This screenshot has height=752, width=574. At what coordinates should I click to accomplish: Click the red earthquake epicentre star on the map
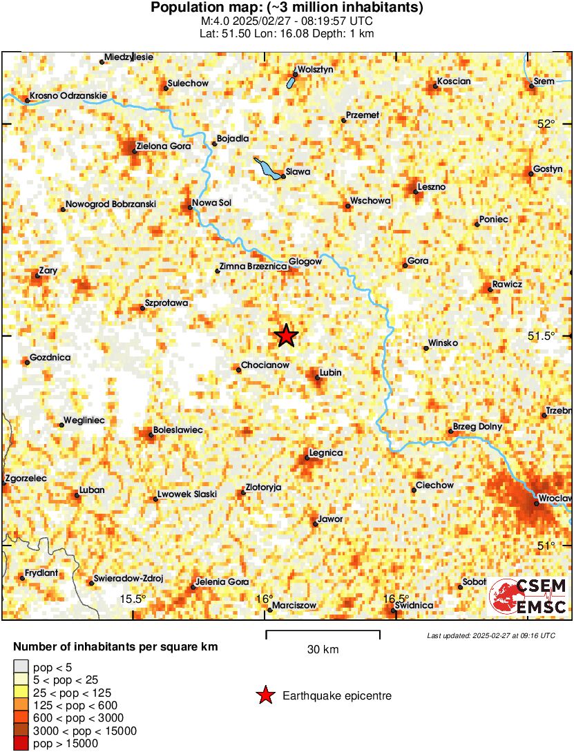click(286, 336)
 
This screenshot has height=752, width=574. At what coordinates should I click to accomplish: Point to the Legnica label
click(326, 453)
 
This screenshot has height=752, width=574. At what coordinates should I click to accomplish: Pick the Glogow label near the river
click(305, 262)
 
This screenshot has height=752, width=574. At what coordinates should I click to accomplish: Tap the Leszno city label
click(432, 187)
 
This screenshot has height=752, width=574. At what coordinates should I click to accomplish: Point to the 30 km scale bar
click(323, 631)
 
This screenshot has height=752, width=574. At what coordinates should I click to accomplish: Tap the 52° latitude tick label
click(546, 124)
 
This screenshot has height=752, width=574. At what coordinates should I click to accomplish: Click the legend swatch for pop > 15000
click(21, 744)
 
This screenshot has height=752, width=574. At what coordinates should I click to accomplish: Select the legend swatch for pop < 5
click(21, 667)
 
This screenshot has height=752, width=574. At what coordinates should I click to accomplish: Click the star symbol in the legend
click(265, 696)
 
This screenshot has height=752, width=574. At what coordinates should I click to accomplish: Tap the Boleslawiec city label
click(178, 430)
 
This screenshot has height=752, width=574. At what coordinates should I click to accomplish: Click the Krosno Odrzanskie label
click(66, 95)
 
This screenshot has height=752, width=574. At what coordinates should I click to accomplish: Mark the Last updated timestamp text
click(491, 635)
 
